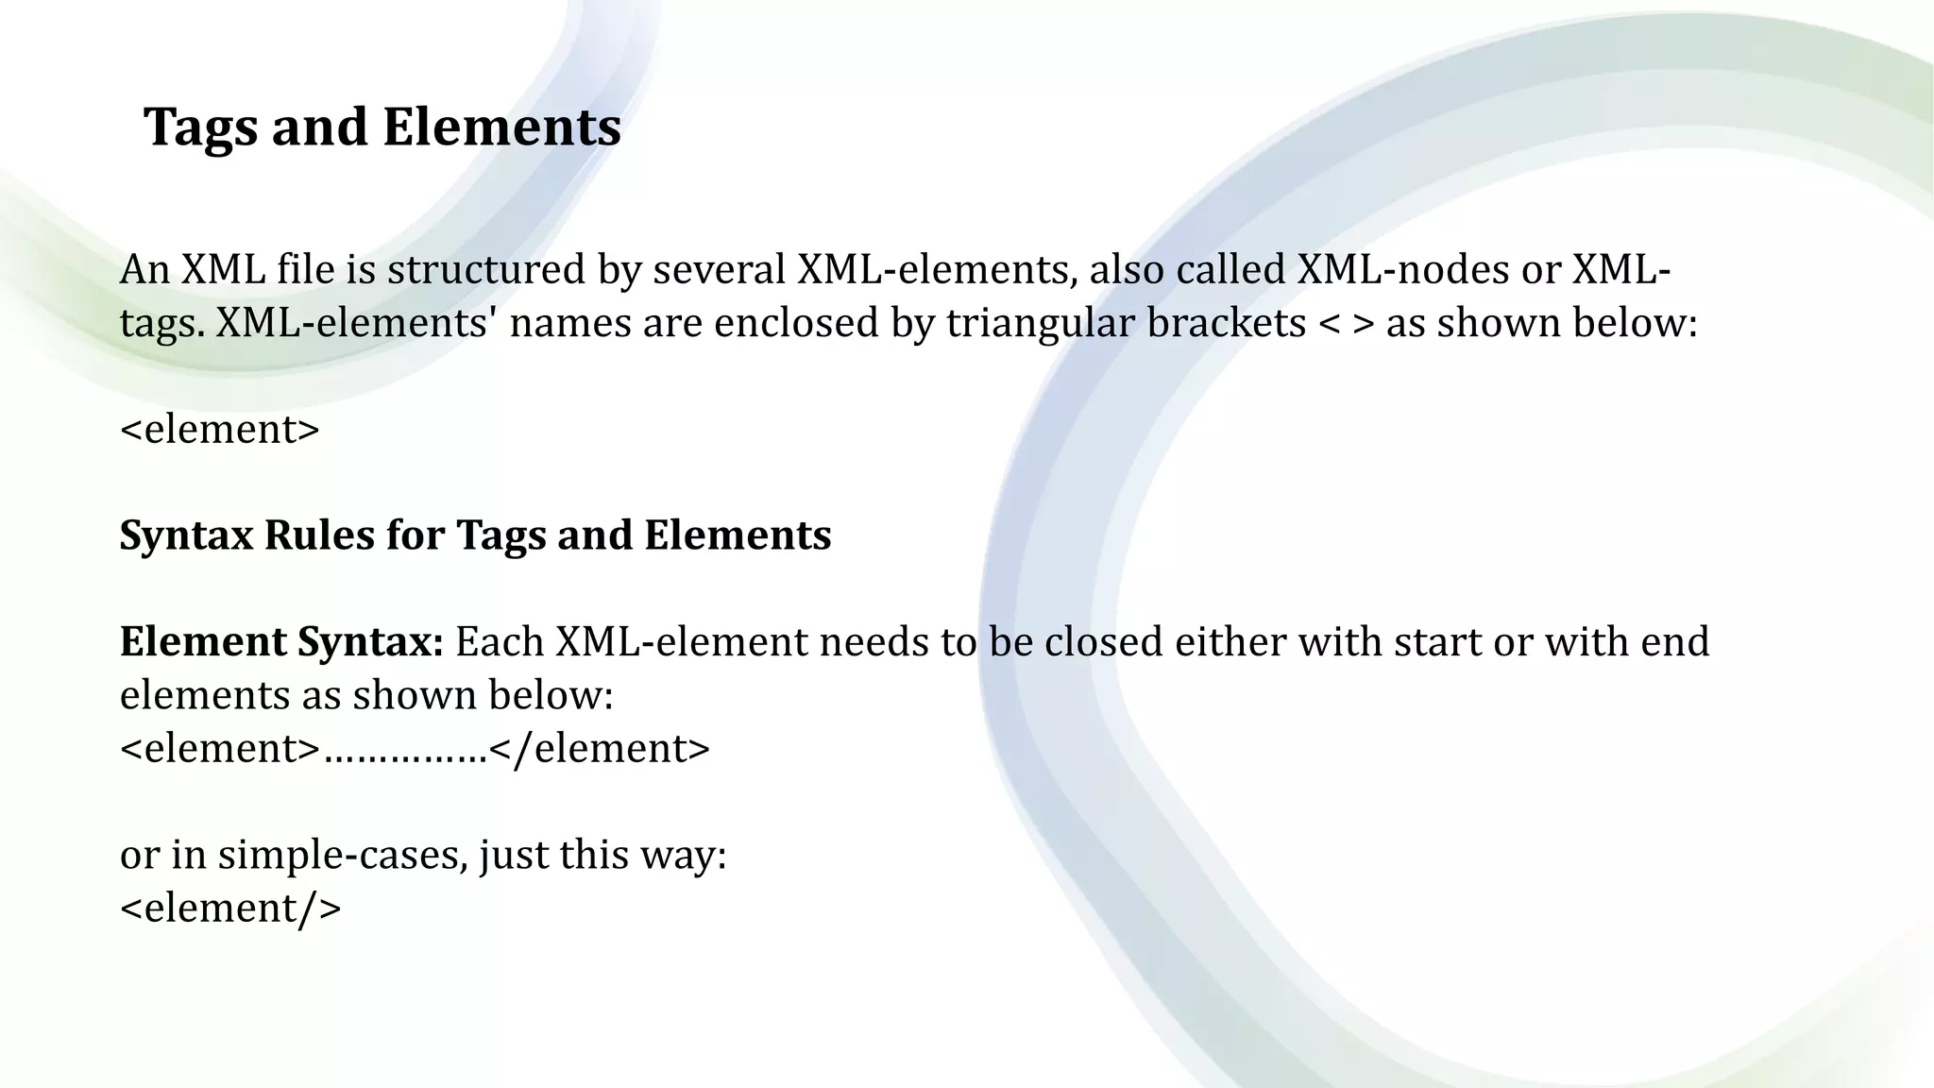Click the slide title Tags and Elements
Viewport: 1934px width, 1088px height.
tap(382, 127)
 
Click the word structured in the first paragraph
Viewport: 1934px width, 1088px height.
tap(486, 270)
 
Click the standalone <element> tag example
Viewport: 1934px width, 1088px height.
tap(220, 430)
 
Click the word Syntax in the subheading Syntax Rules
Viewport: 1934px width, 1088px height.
tap(187, 535)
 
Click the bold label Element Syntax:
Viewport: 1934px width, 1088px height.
tap(281, 642)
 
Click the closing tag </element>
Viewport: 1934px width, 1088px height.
tap(600, 749)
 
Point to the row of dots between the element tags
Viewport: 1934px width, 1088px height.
tap(405, 754)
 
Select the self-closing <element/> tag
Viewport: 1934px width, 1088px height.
tap(230, 909)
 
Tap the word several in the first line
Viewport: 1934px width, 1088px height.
tap(719, 270)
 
